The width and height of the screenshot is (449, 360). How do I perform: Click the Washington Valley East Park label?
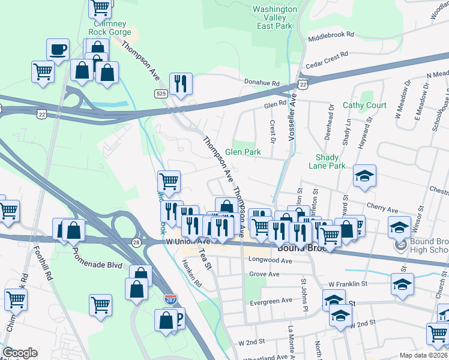(274, 18)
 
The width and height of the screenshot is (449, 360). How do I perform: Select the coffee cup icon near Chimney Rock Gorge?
(58, 50)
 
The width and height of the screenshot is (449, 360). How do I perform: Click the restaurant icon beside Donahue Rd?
(181, 84)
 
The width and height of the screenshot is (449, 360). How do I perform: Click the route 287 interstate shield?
(170, 298)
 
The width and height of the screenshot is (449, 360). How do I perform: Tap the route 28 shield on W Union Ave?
(137, 242)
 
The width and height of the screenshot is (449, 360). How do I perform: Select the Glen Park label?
(243, 152)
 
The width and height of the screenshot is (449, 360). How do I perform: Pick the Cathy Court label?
(364, 106)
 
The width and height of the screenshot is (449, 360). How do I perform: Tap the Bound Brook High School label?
(429, 246)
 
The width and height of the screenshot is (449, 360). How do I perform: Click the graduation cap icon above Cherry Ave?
(364, 176)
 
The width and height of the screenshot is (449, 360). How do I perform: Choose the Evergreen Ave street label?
(271, 300)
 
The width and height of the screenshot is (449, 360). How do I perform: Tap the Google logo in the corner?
(20, 353)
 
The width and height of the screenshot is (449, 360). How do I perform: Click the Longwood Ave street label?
(270, 261)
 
